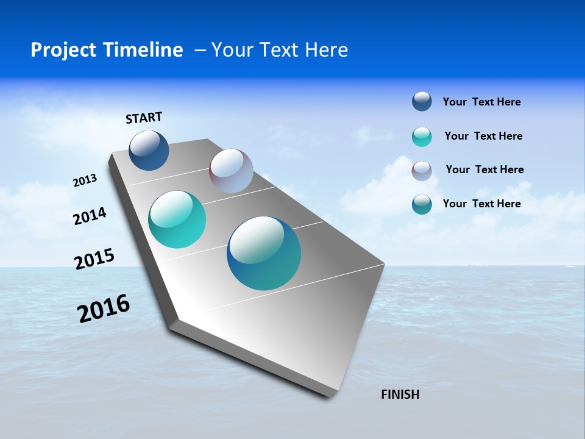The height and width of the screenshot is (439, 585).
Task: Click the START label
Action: [144, 118]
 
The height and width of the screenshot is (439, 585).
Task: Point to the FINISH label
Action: [400, 394]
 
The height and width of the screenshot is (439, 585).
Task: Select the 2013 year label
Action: [85, 180]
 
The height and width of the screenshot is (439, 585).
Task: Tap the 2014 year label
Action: [90, 216]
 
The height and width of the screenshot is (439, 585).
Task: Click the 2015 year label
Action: [94, 259]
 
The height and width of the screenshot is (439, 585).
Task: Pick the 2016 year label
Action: [104, 309]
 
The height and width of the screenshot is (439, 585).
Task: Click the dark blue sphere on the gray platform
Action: [149, 150]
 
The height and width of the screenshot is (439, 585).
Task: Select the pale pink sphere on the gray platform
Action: [231, 171]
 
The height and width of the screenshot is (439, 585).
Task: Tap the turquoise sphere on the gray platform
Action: [177, 220]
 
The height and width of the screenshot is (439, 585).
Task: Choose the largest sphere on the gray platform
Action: [264, 253]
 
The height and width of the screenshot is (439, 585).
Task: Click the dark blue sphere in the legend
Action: [422, 102]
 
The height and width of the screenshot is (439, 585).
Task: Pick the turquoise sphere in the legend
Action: [422, 137]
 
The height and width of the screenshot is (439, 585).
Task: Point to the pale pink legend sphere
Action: [422, 171]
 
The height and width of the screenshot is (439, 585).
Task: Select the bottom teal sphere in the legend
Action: [422, 204]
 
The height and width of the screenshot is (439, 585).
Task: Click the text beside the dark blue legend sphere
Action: [481, 102]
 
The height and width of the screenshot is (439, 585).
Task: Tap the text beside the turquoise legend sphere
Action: [483, 136]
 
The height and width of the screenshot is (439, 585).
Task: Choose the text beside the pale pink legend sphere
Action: [484, 170]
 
